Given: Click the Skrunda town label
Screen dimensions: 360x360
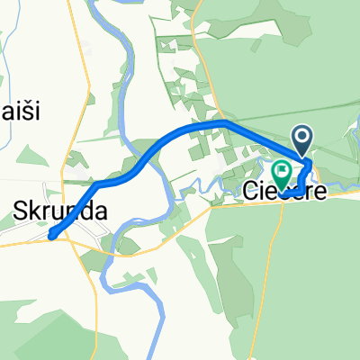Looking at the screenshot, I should pos(60,211).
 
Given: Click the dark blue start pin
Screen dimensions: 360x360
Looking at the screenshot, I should pos(302,140).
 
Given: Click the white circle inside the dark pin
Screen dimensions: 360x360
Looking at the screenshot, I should pos(302,138).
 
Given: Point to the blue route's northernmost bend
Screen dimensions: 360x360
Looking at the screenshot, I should pos(223,121).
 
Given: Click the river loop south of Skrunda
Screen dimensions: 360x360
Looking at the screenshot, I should pos(135,279).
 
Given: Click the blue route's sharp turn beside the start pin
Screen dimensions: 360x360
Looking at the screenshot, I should pos(310,164).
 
